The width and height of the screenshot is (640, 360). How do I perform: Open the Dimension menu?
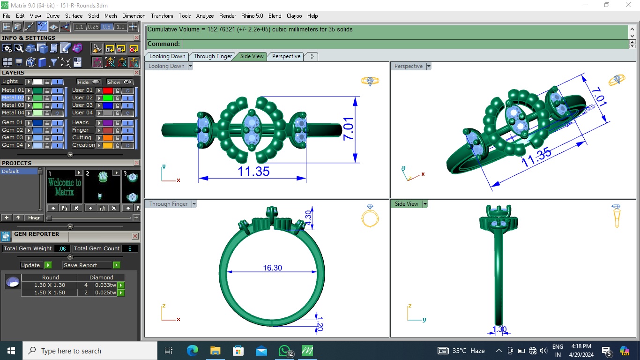[x=134, y=16]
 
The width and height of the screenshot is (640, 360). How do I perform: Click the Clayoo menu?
[x=294, y=16]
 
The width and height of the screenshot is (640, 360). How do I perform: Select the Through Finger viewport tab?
[x=213, y=56]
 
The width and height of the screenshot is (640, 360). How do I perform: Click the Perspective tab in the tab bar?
[x=286, y=56]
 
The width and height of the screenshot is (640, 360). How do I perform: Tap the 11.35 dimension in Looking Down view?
[x=253, y=172]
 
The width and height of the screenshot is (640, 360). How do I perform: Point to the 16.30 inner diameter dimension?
[x=272, y=268]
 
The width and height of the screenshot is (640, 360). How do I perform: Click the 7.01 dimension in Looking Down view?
[x=348, y=129]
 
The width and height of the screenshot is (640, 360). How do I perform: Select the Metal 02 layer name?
[x=13, y=97]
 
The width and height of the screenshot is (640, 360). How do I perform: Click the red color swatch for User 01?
[x=107, y=90]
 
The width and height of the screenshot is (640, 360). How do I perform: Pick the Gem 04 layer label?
[x=12, y=145]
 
